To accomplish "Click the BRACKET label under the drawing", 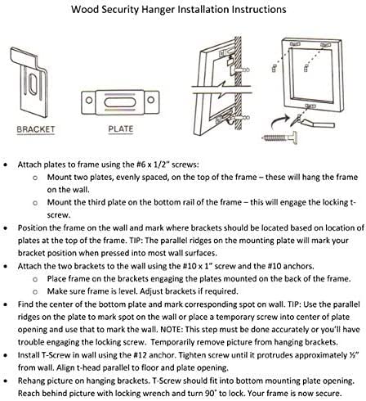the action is click(x=36, y=129).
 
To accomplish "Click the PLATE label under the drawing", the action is click(x=121, y=128).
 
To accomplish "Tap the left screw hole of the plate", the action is click(x=89, y=100).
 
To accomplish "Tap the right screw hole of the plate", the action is click(x=151, y=100).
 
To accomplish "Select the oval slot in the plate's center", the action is click(x=120, y=102).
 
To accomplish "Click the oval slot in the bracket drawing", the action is click(x=33, y=84).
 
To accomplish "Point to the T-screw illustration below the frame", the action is click(x=279, y=137).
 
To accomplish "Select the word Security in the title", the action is click(x=120, y=10).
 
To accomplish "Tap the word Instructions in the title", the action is click(x=259, y=10).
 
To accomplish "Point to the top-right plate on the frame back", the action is click(x=325, y=45).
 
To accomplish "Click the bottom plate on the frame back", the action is click(x=310, y=106).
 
